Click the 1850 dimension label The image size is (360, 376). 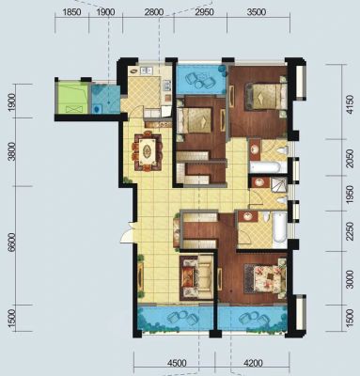pyautogui.click(x=72, y=12)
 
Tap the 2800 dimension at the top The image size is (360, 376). pyautogui.click(x=153, y=12)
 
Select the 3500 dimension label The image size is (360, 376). pyautogui.click(x=257, y=12)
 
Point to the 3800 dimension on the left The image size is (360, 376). pyautogui.click(x=12, y=151)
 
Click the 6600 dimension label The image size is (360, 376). pyautogui.click(x=12, y=243)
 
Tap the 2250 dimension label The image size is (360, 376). pyautogui.click(x=351, y=231)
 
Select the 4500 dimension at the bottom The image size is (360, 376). pyautogui.click(x=177, y=363)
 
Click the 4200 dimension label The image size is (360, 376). pyautogui.click(x=253, y=363)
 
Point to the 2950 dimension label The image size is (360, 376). pyautogui.click(x=204, y=12)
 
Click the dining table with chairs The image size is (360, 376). pyautogui.click(x=148, y=152)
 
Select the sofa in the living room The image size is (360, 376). pyautogui.click(x=196, y=277)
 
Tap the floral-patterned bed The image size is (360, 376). pyautogui.click(x=266, y=278)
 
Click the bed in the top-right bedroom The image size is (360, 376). pyautogui.click(x=266, y=96)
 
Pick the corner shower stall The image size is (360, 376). pyautogui.click(x=279, y=185)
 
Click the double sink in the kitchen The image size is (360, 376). pyautogui.click(x=147, y=70)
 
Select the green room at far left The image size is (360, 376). pyautogui.click(x=71, y=98)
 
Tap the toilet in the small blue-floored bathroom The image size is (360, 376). pyautogui.click(x=97, y=109)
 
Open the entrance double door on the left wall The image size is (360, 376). pyautogui.click(x=129, y=232)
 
